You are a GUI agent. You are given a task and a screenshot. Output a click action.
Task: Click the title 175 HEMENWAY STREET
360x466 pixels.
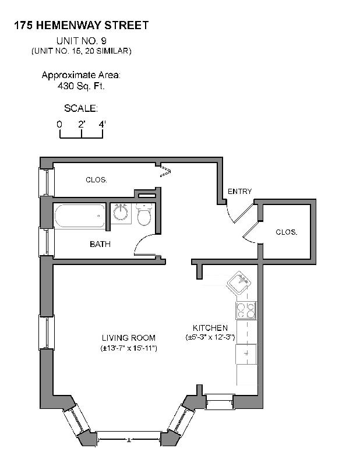[81, 25]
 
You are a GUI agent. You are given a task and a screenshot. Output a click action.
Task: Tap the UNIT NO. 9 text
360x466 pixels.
[82, 41]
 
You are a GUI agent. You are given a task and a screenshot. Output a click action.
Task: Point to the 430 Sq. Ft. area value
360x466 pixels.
[81, 86]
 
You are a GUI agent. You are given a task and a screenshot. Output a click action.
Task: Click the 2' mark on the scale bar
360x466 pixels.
[82, 124]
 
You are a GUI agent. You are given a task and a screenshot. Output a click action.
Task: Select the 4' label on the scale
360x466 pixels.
[103, 124]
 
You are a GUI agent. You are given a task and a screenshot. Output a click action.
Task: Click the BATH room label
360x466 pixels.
[100, 244]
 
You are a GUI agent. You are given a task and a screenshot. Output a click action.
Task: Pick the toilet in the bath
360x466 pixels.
[144, 216]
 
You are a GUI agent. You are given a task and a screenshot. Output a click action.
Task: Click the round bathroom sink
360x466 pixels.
[121, 213]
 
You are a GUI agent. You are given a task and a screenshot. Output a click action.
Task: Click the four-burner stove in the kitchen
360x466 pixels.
[245, 310]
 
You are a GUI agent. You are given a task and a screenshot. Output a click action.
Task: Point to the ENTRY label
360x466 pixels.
[239, 191]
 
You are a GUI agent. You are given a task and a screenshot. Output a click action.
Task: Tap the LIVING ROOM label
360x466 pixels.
[128, 338]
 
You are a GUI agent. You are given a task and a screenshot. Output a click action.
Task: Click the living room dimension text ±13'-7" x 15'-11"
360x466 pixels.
[128, 348]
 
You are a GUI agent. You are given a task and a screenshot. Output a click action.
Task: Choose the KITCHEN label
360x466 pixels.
[210, 328]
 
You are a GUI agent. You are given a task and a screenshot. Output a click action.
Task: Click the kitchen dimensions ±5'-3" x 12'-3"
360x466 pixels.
[210, 337]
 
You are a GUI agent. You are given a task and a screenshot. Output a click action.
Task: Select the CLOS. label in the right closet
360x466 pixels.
[287, 232]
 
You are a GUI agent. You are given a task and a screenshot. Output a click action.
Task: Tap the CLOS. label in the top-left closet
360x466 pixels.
[96, 180]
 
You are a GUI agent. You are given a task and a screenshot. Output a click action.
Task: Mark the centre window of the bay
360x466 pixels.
[129, 434]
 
